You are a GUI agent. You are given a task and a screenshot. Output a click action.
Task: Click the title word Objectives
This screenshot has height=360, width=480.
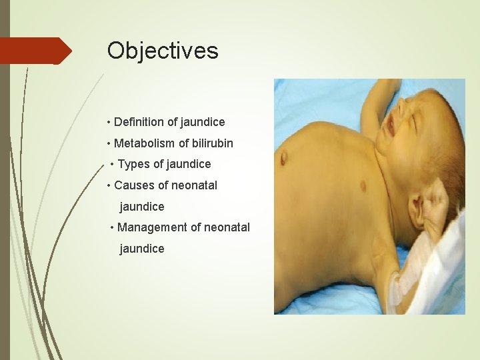pyautogui.click(x=163, y=51)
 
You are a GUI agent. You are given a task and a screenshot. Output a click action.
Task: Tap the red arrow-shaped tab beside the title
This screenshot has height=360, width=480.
pyautogui.click(x=35, y=51)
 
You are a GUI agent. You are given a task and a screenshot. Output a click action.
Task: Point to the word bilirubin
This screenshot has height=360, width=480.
pyautogui.click(x=211, y=143)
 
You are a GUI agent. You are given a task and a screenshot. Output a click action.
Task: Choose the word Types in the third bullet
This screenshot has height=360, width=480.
pyautogui.click(x=133, y=164)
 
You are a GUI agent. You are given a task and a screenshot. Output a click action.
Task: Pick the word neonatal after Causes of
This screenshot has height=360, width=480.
pyautogui.click(x=195, y=185)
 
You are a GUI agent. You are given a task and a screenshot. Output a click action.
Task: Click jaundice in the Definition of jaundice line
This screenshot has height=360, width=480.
pyautogui.click(x=203, y=122)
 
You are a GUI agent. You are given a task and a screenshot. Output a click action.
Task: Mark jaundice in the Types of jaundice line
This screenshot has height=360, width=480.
pyautogui.click(x=189, y=164)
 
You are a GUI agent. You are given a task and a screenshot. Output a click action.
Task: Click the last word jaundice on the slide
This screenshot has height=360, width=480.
pyautogui.click(x=141, y=249)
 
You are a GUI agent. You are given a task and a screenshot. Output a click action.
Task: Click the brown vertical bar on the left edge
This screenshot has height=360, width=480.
pyautogui.click(x=5, y=180)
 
